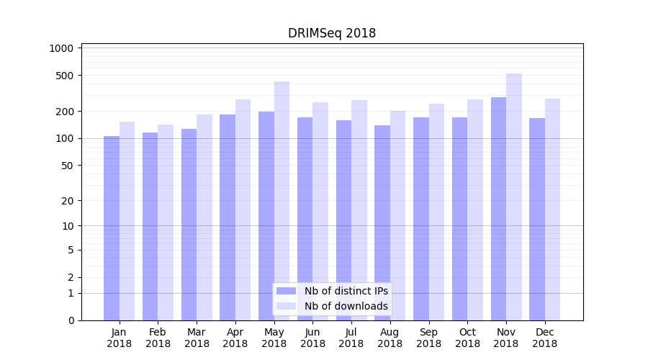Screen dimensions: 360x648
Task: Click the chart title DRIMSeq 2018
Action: tap(332, 33)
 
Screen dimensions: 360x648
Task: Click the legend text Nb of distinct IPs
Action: tap(346, 291)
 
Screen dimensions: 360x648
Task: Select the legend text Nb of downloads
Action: tap(346, 306)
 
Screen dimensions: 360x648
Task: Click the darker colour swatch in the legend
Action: tap(286, 291)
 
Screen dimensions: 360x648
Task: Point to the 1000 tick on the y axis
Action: tap(61, 48)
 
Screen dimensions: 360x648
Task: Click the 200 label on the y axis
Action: tap(66, 112)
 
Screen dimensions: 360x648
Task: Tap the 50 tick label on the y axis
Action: tap(68, 166)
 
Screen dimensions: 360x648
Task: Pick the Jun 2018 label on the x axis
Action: tap(312, 338)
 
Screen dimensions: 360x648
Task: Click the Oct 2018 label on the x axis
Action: tap(467, 338)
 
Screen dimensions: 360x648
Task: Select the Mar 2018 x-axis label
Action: tap(197, 338)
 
